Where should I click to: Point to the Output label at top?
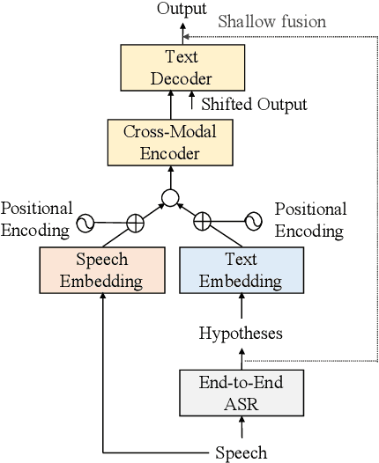click(183, 8)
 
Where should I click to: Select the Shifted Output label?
click(254, 104)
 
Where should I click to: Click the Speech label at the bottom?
click(240, 453)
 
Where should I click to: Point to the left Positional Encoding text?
click(36, 219)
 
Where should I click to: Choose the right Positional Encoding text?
click(310, 220)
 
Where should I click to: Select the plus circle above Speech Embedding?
click(135, 222)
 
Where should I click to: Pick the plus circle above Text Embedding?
click(204, 220)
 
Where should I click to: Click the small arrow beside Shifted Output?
click(193, 103)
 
